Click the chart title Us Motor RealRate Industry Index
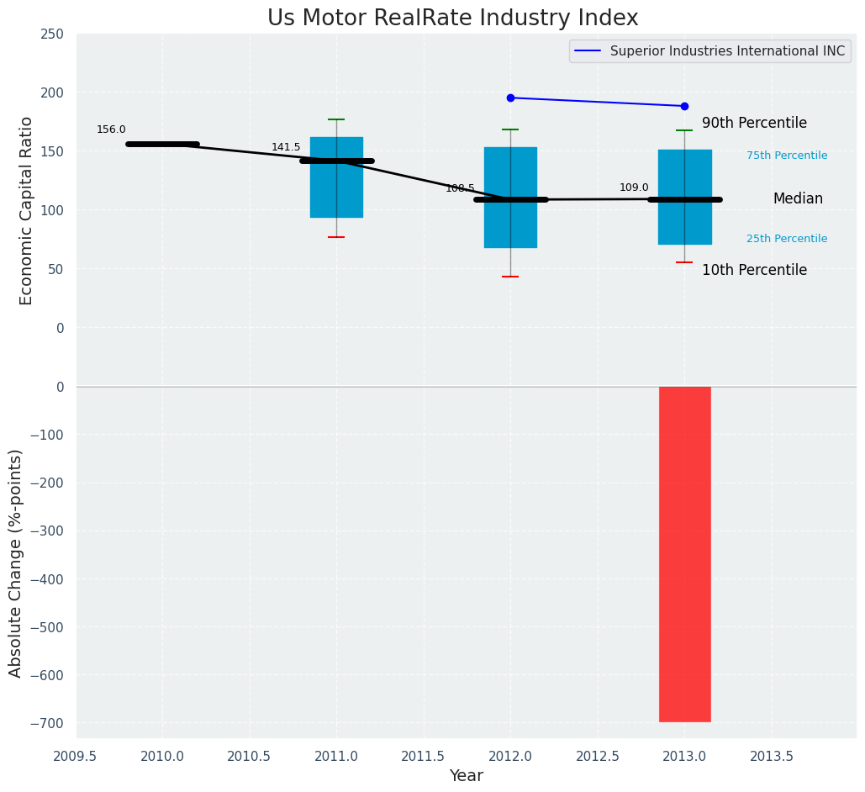[x=452, y=18]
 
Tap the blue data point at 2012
[x=510, y=98]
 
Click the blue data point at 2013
[x=684, y=106]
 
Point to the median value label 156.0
[x=111, y=129]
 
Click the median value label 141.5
[x=286, y=147]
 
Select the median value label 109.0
[x=634, y=187]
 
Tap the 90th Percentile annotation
[x=754, y=124]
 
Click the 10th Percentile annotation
[x=754, y=271]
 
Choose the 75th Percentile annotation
[x=786, y=156]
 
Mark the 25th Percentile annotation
[x=786, y=239]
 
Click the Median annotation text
[x=798, y=199]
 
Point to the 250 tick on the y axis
[x=53, y=34]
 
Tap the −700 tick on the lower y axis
[x=47, y=723]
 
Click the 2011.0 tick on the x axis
[x=337, y=756]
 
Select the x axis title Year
[x=466, y=776]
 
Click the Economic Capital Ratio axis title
[x=26, y=210]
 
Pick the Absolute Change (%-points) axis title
[x=16, y=562]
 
